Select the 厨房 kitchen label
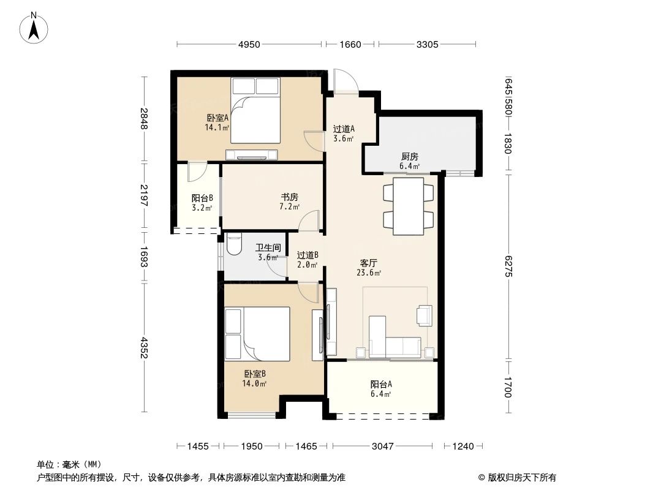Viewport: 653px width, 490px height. click(x=410, y=157)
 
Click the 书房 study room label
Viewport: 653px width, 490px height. click(x=290, y=197)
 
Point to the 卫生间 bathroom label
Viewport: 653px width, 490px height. click(x=268, y=248)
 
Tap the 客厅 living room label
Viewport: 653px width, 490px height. click(x=369, y=263)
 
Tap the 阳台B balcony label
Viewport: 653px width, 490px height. click(x=202, y=198)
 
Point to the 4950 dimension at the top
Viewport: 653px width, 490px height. click(x=249, y=44)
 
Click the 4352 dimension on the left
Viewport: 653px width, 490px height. click(x=145, y=347)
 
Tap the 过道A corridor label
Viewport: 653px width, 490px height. click(x=344, y=129)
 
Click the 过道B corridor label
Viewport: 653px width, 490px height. click(x=308, y=255)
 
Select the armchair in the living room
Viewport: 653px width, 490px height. click(x=425, y=314)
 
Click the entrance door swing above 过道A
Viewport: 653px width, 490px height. click(x=343, y=81)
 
